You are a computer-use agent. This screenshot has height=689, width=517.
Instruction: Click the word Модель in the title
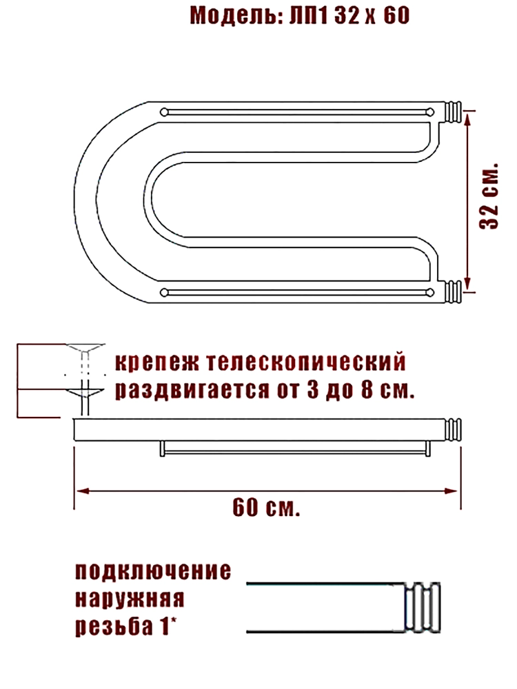pyautogui.click(x=235, y=16)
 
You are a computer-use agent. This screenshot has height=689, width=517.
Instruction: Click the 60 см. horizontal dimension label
pyautogui.click(x=266, y=508)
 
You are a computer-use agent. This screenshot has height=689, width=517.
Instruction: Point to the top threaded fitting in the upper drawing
pyautogui.click(x=454, y=112)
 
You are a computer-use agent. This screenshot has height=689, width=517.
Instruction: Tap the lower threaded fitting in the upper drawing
pyautogui.click(x=454, y=292)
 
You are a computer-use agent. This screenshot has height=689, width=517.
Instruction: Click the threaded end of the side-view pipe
pyautogui.click(x=454, y=429)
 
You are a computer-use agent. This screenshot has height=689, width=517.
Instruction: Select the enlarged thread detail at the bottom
pyautogui.click(x=423, y=608)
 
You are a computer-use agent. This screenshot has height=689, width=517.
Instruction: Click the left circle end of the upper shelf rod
pyautogui.click(x=164, y=112)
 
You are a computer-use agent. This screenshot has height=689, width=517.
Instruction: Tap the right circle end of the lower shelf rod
pyautogui.click(x=430, y=292)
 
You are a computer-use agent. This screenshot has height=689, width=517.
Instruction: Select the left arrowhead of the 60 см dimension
pyautogui.click(x=82, y=491)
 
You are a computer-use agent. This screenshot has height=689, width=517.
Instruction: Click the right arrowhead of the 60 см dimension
pyautogui.click(x=452, y=491)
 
